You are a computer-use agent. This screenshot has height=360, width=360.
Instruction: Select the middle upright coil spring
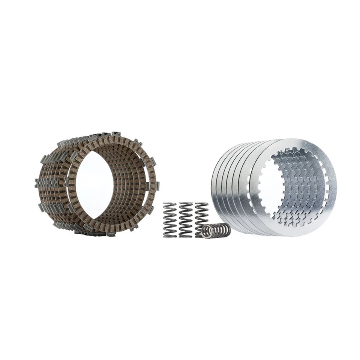click(186, 220)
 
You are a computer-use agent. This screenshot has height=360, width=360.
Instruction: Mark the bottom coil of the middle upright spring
click(186, 235)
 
